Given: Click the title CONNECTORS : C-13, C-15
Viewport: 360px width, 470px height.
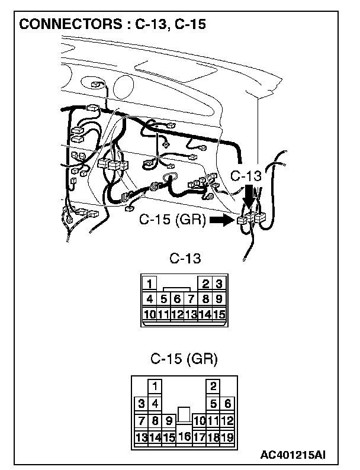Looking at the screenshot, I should click(112, 25).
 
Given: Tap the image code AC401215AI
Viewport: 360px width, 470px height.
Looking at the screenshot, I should click(292, 455).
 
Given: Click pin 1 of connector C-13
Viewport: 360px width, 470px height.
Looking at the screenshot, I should click(151, 284).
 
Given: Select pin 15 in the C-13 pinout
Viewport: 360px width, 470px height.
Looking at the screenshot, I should click(218, 314).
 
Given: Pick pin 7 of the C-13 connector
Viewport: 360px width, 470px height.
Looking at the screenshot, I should click(191, 300).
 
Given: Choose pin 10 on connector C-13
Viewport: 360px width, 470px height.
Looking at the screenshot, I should click(150, 314).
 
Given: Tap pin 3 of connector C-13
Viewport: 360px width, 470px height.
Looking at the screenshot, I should click(218, 284).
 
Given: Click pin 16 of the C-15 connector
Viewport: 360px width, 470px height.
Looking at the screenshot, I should click(184, 437).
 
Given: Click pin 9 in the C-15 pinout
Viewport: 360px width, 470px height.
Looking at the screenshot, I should click(169, 421).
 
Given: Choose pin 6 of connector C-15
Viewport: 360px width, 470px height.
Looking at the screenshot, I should click(227, 404).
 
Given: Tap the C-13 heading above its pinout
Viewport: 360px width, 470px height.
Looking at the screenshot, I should click(185, 259).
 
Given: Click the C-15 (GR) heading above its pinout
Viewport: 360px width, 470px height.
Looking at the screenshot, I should click(184, 359).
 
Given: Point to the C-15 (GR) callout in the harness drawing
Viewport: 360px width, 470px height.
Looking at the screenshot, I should click(172, 220).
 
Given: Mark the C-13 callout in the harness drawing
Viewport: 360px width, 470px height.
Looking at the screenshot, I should click(245, 176).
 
